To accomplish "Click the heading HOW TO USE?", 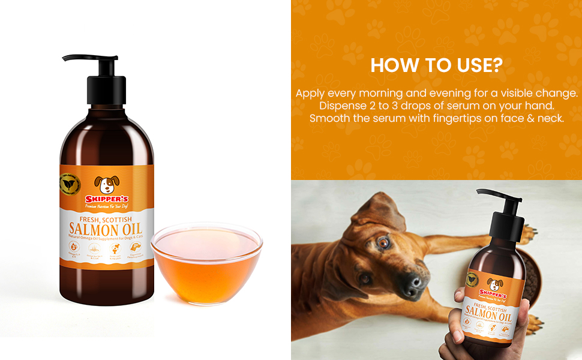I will click(436, 65).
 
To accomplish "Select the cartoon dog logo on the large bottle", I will click(107, 184).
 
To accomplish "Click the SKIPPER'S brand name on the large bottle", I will click(107, 199).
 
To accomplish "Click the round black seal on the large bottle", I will click(70, 182).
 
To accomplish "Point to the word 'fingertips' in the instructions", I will click(445, 118).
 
